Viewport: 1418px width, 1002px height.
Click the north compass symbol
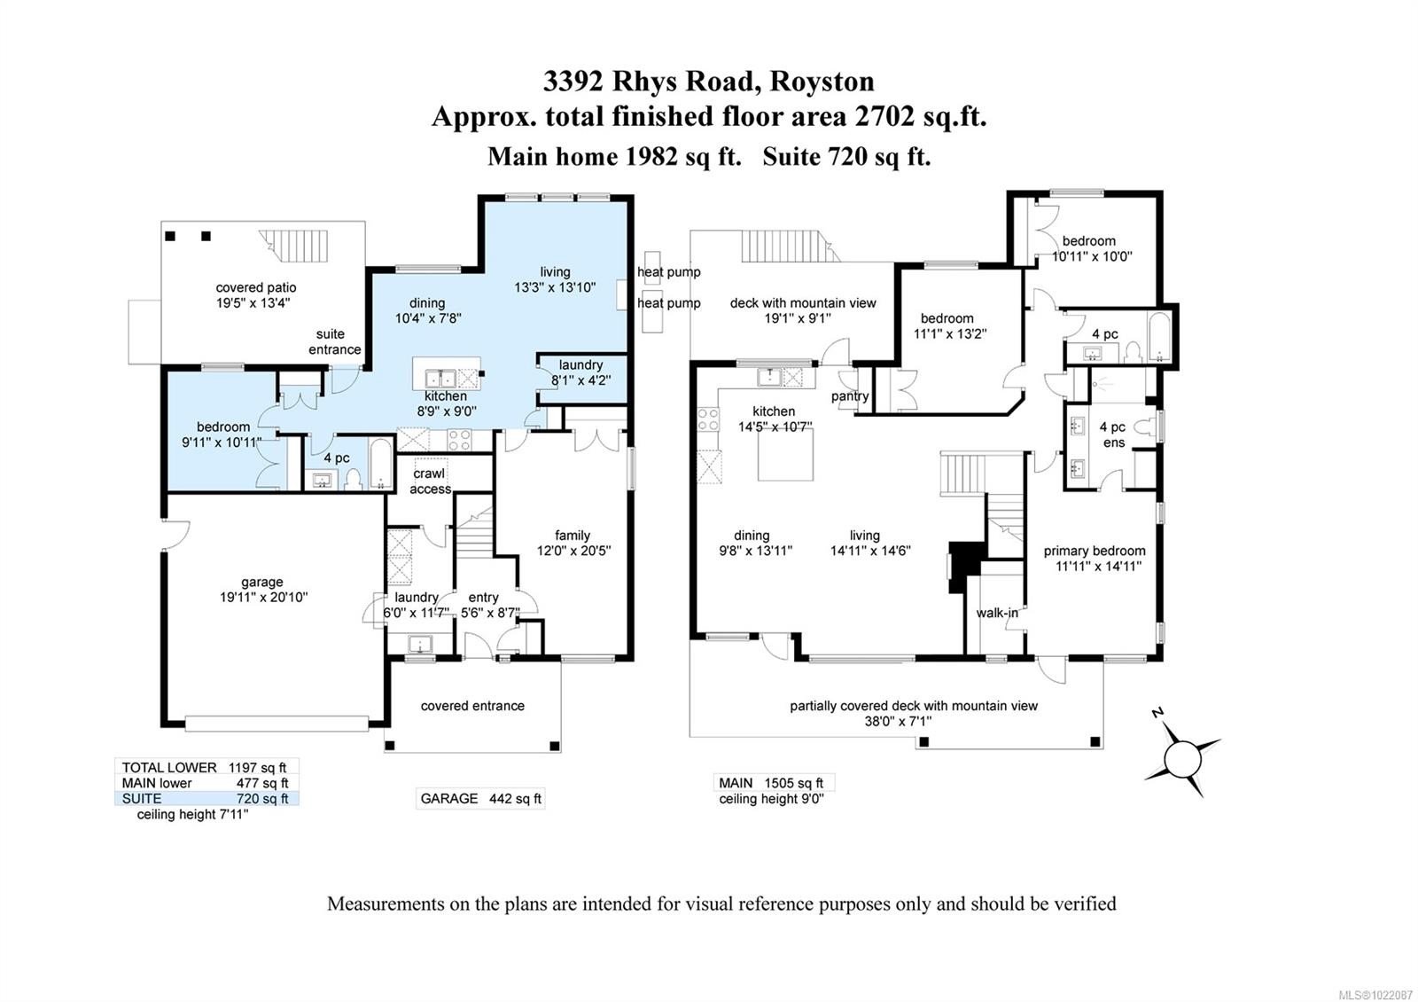tap(1181, 756)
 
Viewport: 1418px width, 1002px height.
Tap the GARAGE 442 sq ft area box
tap(480, 798)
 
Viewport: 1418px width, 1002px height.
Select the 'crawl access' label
tap(430, 481)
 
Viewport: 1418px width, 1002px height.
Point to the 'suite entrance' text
tap(334, 341)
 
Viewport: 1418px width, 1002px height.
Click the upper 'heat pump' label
tap(668, 272)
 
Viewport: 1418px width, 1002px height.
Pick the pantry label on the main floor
tap(850, 396)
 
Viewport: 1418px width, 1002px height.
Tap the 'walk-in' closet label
tap(997, 613)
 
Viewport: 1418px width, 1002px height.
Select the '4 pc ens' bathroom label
tap(1112, 434)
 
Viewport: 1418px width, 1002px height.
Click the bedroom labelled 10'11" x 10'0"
tap(1091, 248)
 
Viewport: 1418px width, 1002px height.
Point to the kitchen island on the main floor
tap(785, 454)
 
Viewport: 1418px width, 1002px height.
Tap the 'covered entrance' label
tap(472, 706)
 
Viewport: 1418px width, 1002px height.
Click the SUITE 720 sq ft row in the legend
tap(206, 798)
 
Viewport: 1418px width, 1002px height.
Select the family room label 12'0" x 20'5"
tap(573, 542)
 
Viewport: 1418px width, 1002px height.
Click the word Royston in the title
tap(822, 81)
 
